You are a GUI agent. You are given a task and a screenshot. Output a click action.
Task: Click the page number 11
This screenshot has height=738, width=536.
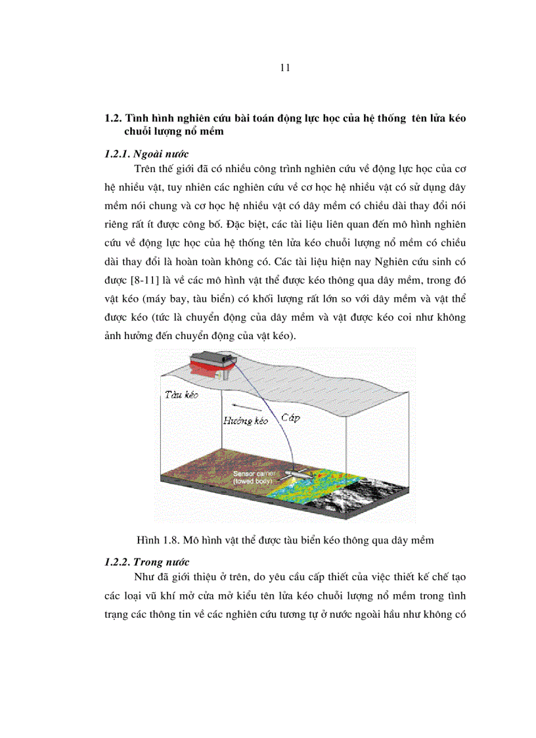(284, 67)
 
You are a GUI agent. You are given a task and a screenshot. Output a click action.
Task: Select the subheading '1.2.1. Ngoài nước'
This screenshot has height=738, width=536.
(143, 155)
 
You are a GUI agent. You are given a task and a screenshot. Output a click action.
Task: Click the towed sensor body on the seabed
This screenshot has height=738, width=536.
(300, 474)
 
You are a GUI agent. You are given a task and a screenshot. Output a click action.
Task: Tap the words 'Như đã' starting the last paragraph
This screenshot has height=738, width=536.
(148, 578)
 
